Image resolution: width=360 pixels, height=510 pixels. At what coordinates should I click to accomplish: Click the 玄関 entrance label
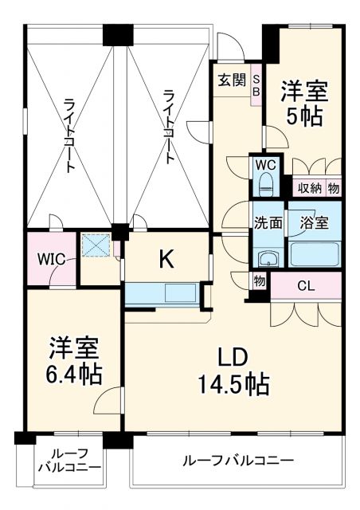point(233,80)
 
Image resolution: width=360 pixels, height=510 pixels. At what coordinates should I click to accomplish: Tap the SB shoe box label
point(256,85)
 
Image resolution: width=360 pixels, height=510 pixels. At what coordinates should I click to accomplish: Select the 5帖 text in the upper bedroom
point(304,116)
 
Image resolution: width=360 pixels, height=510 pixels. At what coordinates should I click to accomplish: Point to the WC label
point(264,165)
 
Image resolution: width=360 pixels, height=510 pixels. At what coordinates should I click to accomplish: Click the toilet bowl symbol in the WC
point(265,186)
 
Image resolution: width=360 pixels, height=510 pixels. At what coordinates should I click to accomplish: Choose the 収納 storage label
point(310,188)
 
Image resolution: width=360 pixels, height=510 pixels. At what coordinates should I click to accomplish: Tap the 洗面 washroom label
point(268,223)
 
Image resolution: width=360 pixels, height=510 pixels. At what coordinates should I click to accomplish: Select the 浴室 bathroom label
point(313,223)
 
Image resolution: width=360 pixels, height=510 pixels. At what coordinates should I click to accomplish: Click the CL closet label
point(305,285)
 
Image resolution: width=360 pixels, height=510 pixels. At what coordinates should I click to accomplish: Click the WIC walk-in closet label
point(44,259)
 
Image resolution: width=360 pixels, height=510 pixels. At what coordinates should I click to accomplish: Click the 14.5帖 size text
point(233,384)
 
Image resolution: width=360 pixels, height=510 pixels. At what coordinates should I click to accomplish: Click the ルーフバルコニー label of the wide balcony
point(237,461)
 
